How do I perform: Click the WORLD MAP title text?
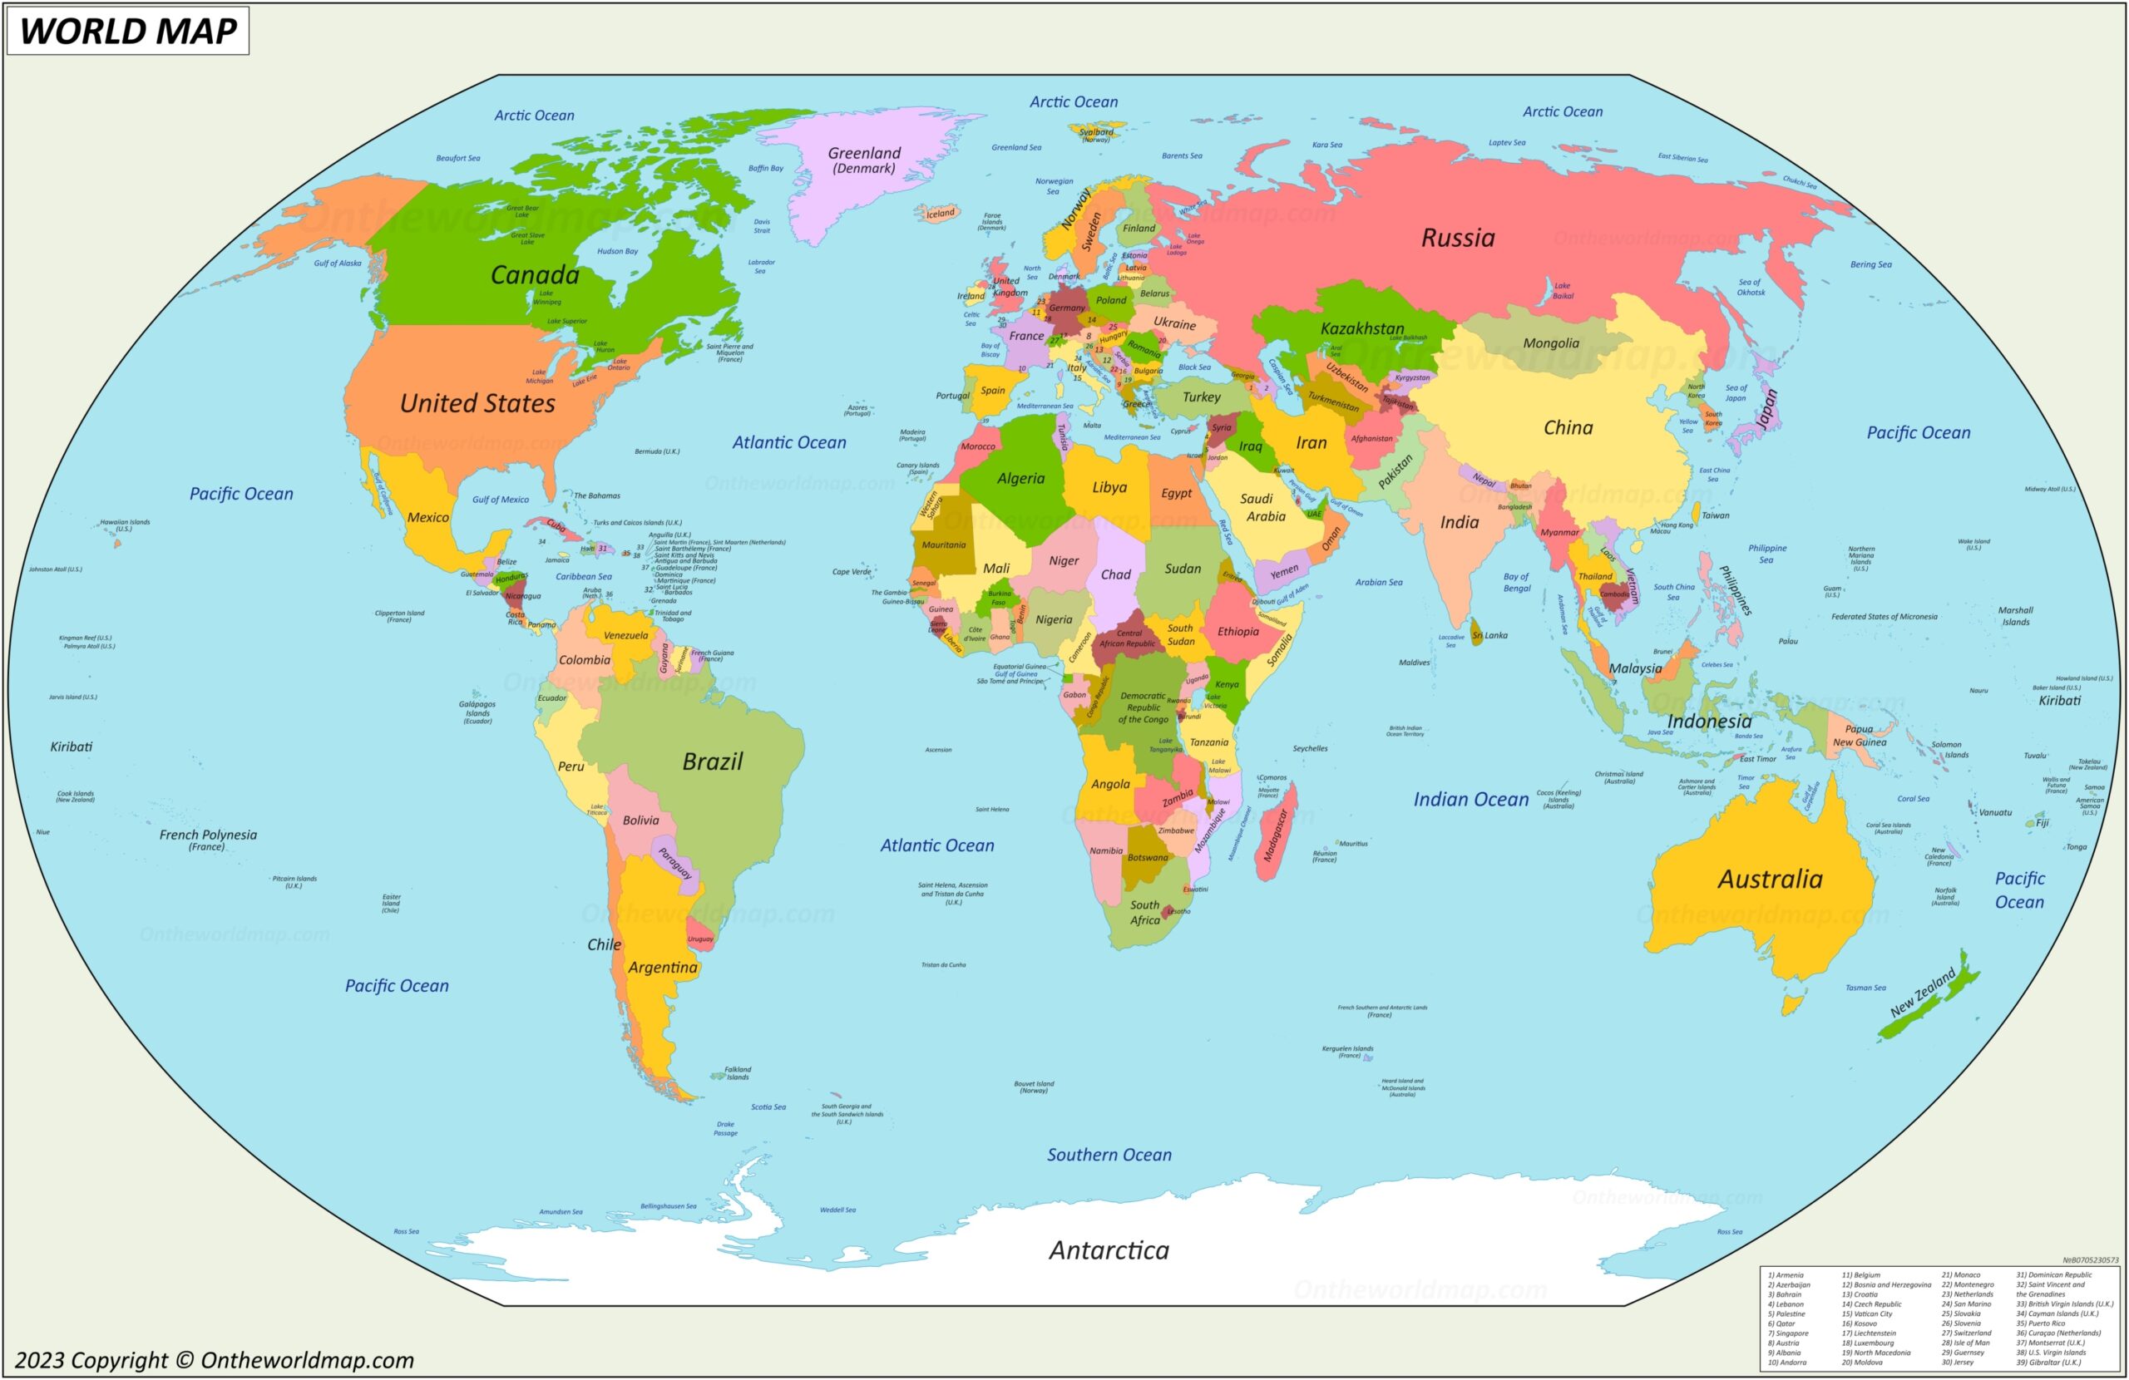click(x=128, y=31)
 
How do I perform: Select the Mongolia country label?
click(x=1550, y=343)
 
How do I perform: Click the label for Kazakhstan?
click(x=1361, y=328)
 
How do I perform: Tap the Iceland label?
click(x=940, y=214)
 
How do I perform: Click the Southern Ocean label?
click(x=1109, y=1155)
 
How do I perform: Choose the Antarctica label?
click(x=1109, y=1249)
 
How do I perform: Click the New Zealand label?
click(x=1923, y=993)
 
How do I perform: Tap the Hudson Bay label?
click(x=617, y=251)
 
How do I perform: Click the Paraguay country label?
click(x=674, y=864)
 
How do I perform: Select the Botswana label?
click(x=1147, y=858)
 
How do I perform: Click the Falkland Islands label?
click(x=737, y=1072)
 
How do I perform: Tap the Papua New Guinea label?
click(x=1859, y=735)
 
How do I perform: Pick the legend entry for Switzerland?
click(x=1965, y=1333)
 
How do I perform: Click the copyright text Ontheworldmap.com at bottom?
click(x=215, y=1360)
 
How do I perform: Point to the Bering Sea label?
click(x=1870, y=264)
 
